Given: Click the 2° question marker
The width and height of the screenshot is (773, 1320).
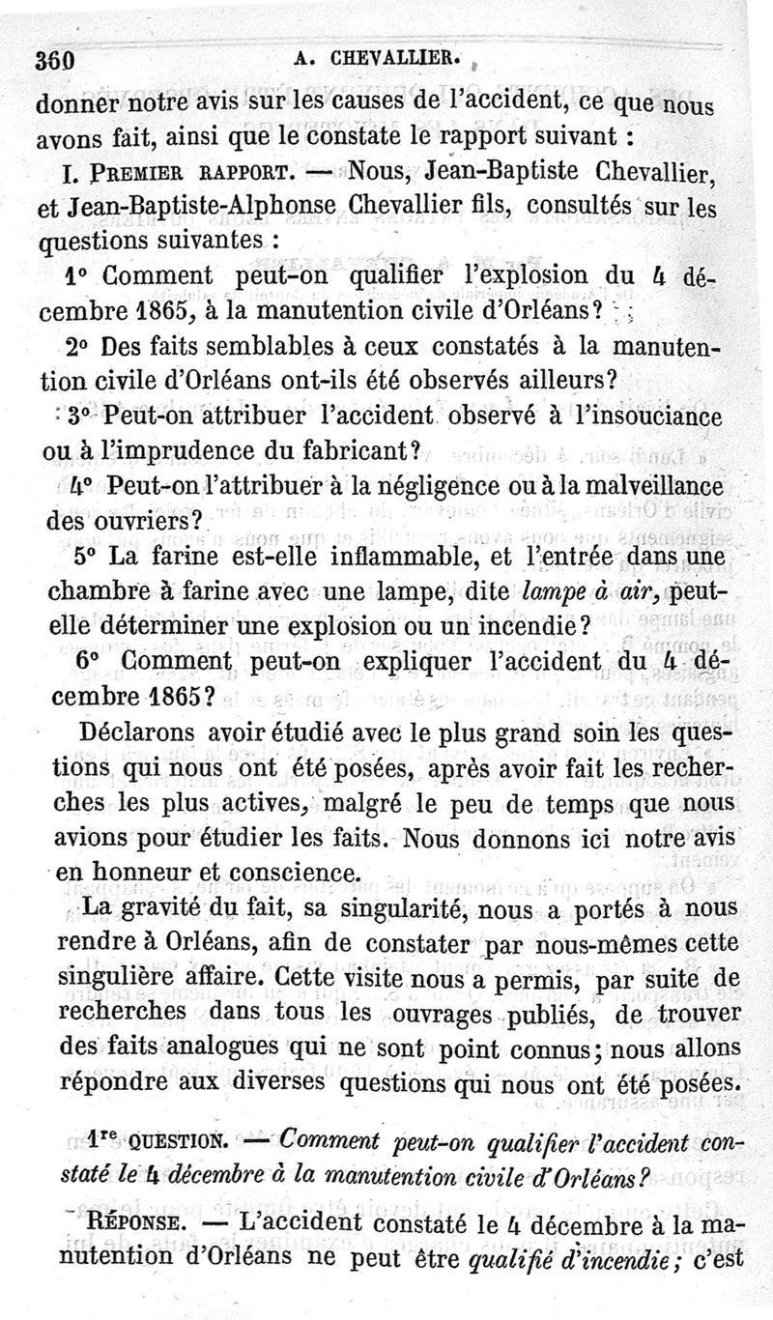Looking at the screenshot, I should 81,347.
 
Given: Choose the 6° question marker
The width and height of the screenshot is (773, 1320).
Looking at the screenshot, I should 88,662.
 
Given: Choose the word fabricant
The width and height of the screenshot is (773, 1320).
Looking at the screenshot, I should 353,450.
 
